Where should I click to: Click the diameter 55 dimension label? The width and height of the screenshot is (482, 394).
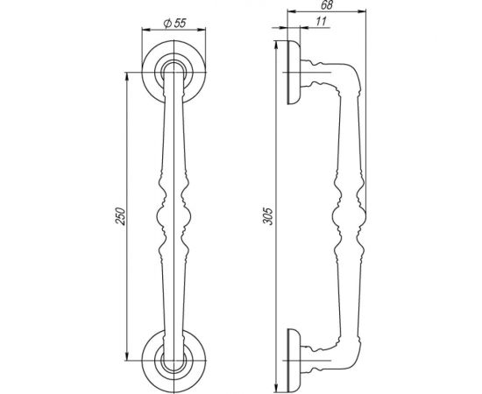[175, 24]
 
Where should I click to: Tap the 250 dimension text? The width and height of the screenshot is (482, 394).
[120, 216]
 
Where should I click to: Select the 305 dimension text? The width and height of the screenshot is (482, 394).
[268, 216]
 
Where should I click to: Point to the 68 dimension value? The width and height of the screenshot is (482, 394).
[327, 5]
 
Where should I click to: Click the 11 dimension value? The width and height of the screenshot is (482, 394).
[320, 22]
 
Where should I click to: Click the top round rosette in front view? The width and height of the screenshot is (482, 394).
[174, 72]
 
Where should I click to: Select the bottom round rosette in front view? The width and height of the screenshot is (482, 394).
[174, 361]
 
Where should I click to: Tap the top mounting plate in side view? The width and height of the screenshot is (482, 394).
[294, 72]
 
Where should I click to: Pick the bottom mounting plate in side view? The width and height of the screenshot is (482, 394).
[294, 361]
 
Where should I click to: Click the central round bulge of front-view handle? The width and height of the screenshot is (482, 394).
[174, 216]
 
